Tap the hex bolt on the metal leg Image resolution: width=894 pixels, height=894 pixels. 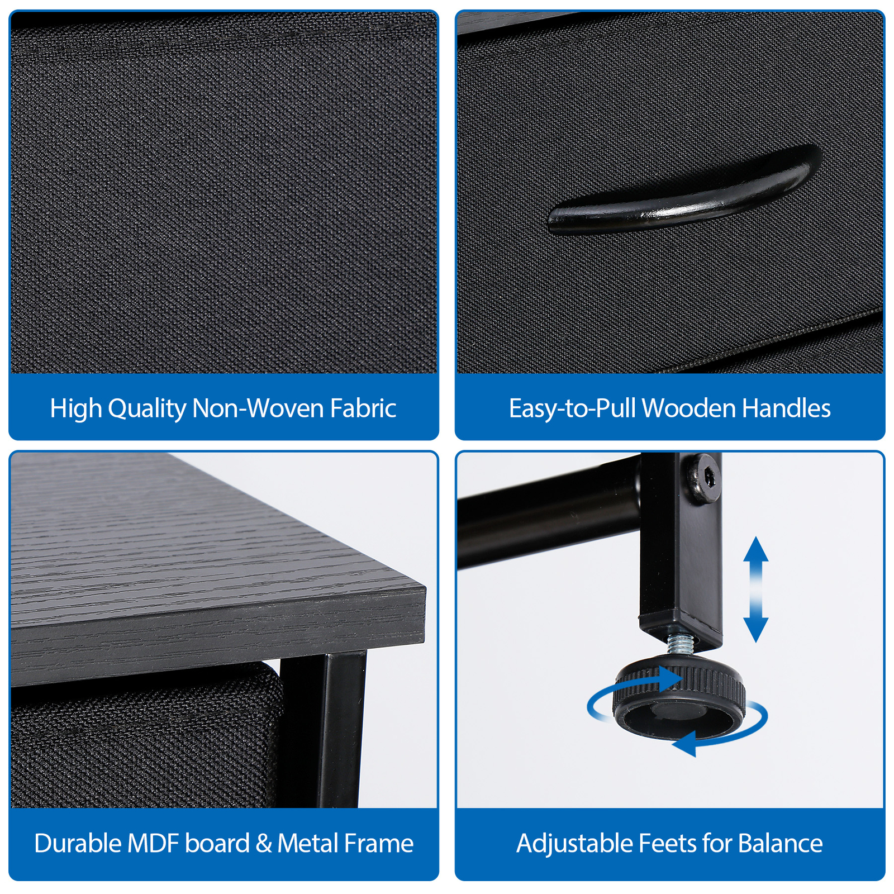[703, 478]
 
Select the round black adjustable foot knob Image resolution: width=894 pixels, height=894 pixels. [679, 698]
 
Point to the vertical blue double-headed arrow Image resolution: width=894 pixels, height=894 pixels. [755, 589]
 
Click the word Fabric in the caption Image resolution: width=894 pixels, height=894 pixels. [363, 408]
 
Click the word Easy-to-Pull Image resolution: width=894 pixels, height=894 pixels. [573, 409]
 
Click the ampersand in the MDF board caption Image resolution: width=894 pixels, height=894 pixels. [263, 844]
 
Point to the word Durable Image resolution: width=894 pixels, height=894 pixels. [78, 843]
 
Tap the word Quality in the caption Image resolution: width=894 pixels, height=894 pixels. [147, 409]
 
